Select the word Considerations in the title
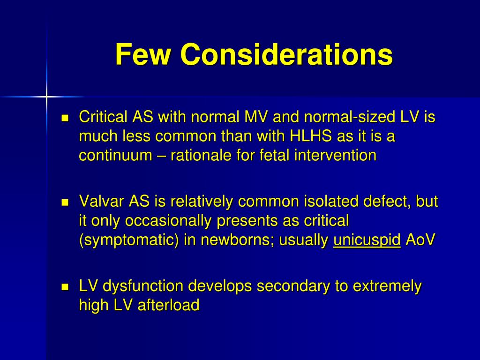(x=286, y=54)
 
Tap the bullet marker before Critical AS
(x=66, y=117)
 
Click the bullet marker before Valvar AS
(x=66, y=202)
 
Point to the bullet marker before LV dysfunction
(x=66, y=286)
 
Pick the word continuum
(x=115, y=155)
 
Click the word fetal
(x=275, y=155)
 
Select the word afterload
(x=168, y=305)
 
